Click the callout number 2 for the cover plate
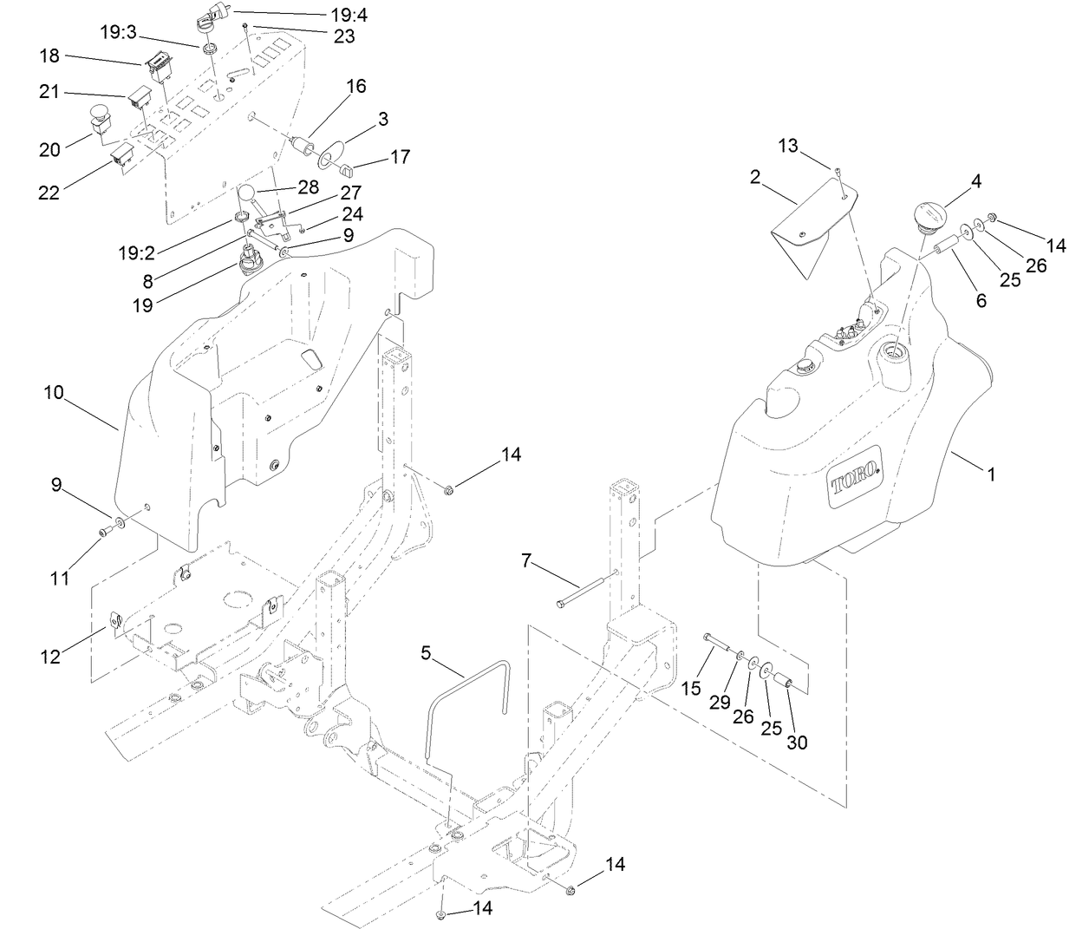point(755,178)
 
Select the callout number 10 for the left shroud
point(54,392)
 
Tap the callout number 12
point(50,657)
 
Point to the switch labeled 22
point(121,159)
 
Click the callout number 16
point(356,86)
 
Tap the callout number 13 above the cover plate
point(787,146)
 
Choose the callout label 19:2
point(138,253)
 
